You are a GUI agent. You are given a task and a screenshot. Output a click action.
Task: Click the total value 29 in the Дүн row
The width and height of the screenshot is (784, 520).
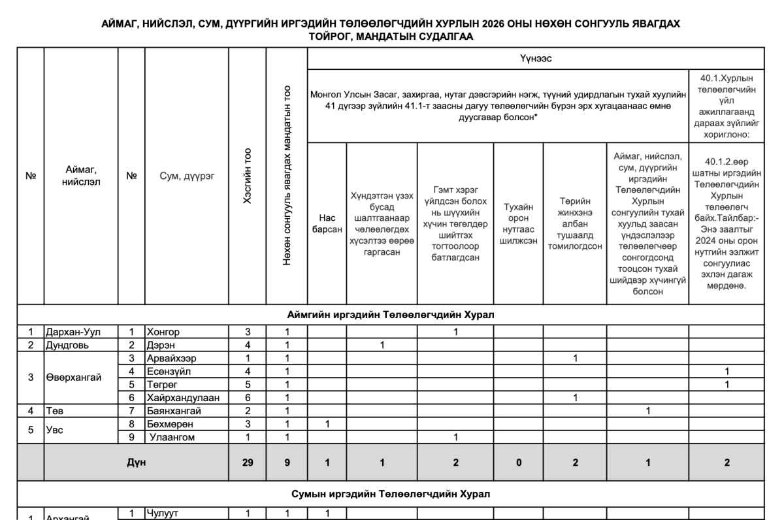pyautogui.click(x=247, y=463)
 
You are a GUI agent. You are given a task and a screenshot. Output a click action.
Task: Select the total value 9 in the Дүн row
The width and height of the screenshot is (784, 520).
pyautogui.click(x=287, y=463)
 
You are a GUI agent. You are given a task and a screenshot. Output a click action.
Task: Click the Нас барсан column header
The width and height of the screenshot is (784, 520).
pyautogui.click(x=327, y=223)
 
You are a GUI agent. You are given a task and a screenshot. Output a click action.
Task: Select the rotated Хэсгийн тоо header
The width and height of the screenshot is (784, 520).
pyautogui.click(x=247, y=176)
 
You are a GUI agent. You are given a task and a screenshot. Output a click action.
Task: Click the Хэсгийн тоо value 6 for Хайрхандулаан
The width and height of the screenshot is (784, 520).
pyautogui.click(x=247, y=397)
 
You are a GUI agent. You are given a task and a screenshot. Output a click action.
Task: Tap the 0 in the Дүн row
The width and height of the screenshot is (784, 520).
pyautogui.click(x=518, y=463)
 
